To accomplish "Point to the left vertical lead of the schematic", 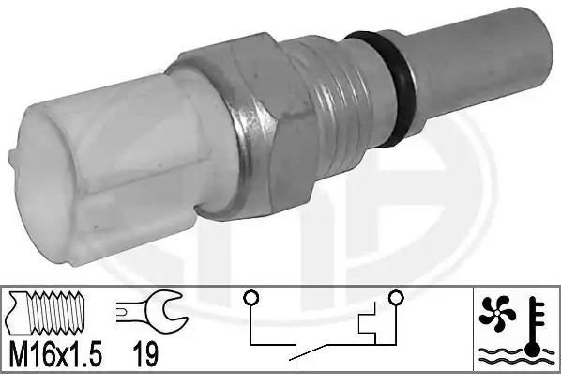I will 251,329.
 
